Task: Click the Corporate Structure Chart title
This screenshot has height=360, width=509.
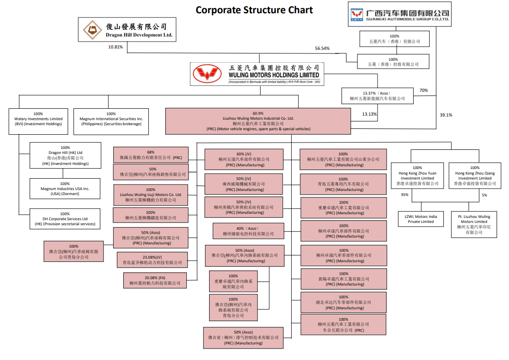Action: point(254,10)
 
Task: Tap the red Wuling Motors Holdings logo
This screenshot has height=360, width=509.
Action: point(208,74)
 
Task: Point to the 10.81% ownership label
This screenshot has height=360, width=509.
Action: point(115,47)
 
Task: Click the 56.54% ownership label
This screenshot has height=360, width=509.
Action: point(322,48)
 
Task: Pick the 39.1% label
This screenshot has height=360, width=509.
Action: point(446,115)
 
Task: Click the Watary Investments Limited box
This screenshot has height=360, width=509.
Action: point(38,121)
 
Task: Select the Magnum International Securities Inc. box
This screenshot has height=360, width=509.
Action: point(111,121)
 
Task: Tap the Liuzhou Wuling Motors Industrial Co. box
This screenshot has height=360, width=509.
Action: point(257,121)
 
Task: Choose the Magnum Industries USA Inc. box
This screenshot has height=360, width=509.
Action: point(65,188)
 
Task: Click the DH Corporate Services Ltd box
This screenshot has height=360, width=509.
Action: point(65,218)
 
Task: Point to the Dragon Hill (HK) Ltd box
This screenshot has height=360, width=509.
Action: point(65,155)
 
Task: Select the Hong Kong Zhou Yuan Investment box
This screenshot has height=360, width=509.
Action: point(417,175)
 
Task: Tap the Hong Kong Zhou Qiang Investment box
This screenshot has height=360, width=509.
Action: point(475,175)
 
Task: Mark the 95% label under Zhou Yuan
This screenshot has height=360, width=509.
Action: point(404,195)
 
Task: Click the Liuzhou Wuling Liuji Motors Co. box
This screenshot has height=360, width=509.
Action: point(150,195)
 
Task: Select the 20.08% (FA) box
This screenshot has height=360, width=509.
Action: point(155,280)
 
